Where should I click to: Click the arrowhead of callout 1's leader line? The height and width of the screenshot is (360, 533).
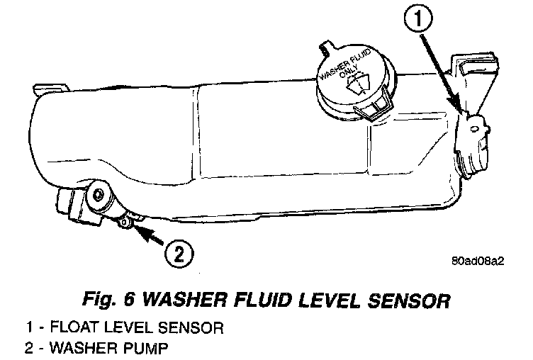pos(461,110)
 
